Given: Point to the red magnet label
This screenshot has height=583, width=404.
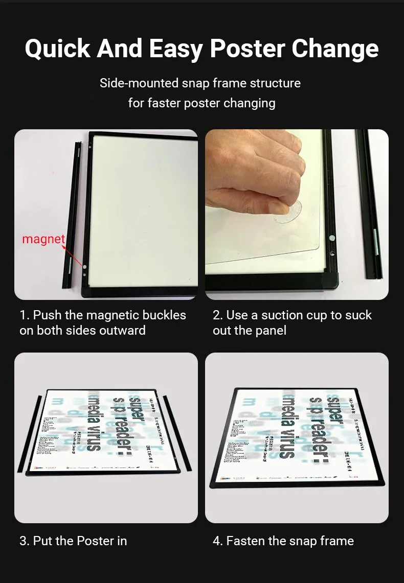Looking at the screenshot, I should (43, 239).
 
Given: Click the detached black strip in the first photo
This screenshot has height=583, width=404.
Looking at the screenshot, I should (72, 215).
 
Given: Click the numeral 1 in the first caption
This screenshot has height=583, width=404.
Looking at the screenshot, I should (23, 315).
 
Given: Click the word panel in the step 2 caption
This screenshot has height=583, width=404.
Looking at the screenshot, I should (271, 331).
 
